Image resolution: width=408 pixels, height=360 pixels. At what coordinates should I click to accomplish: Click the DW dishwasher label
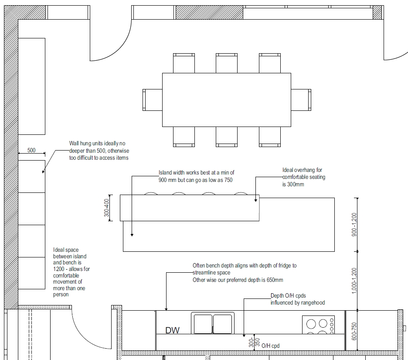tap(172, 330)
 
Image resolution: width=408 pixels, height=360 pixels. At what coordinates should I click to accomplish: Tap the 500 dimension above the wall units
tap(31, 150)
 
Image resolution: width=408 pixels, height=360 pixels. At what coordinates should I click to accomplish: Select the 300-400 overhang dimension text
tap(106, 208)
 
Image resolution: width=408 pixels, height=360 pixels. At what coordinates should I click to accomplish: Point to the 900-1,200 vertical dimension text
tap(354, 225)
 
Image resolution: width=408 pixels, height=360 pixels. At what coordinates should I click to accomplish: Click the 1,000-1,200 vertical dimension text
tap(354, 281)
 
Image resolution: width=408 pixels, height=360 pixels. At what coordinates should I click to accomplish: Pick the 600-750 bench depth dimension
tap(354, 331)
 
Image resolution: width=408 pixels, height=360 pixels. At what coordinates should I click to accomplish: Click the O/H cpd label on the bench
tap(270, 346)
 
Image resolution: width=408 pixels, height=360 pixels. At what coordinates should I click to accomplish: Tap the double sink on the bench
tap(213, 323)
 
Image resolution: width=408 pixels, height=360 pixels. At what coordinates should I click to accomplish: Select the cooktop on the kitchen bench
tap(318, 325)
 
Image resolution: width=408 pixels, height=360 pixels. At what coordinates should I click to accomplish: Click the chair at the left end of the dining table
tap(153, 100)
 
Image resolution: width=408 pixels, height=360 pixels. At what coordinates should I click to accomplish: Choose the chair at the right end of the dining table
tap(301, 100)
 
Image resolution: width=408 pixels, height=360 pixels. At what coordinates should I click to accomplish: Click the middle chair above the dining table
tap(227, 63)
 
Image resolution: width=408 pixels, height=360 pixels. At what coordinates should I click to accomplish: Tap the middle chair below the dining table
tap(227, 137)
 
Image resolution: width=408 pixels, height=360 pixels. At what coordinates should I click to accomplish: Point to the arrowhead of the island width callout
tap(132, 235)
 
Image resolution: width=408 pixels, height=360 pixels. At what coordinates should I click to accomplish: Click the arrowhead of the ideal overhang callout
tap(255, 200)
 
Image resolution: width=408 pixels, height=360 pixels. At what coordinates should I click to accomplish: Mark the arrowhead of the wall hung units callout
tap(43, 171)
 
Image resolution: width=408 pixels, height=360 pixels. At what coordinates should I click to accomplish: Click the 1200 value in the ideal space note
tap(58, 269)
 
